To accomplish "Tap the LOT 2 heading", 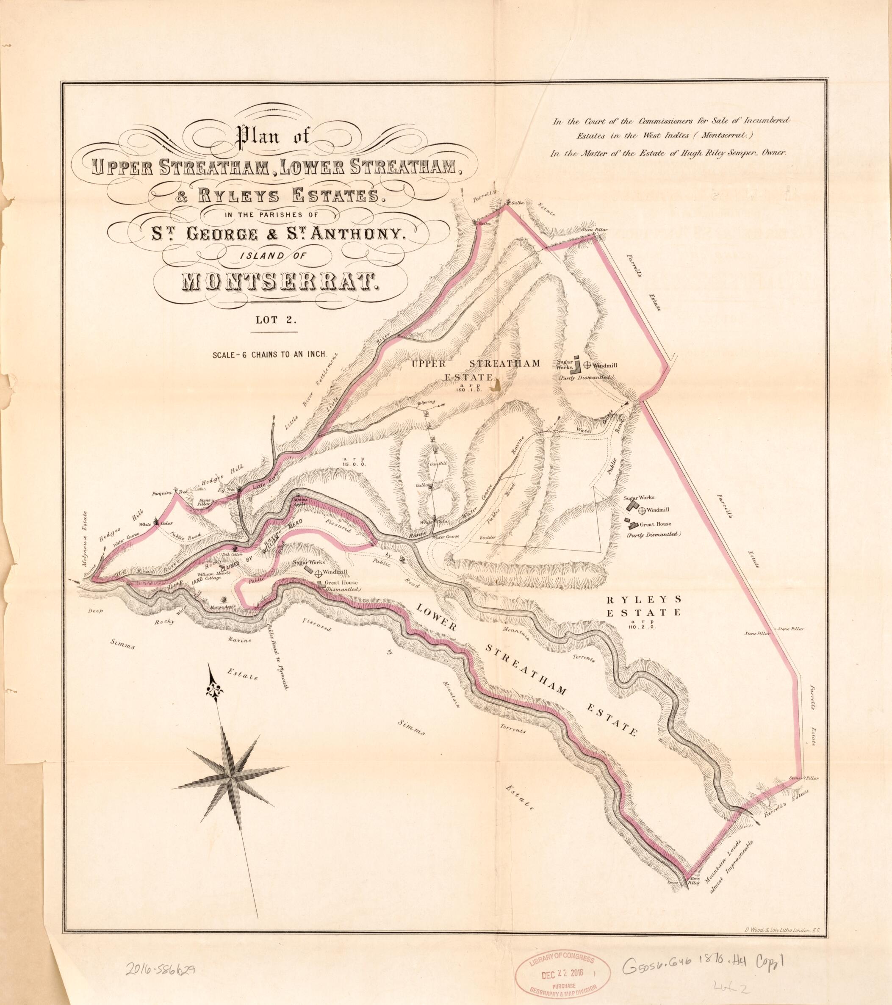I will [x=274, y=321].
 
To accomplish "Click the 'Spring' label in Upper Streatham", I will [x=426, y=403].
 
